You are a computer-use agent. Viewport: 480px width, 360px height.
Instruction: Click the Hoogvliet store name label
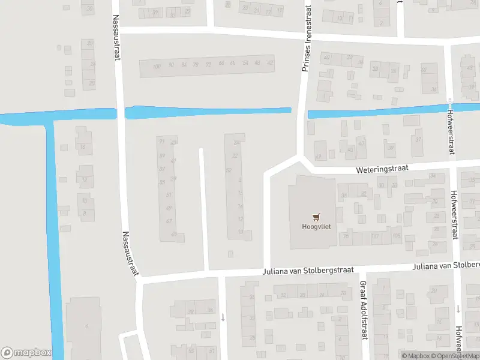[316, 227]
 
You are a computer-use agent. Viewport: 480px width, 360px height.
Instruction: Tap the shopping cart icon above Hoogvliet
[316, 217]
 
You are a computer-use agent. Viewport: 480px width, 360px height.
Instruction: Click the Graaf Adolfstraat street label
[363, 310]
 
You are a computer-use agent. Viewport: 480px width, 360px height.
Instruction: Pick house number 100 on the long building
[157, 65]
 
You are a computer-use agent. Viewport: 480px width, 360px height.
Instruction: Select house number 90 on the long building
[171, 65]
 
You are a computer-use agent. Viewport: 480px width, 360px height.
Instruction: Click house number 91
[161, 142]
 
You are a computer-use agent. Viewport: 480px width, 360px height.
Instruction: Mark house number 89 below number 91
[161, 156]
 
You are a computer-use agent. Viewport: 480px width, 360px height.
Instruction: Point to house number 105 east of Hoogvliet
[397, 236]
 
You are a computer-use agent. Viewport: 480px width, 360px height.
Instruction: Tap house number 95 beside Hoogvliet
[346, 236]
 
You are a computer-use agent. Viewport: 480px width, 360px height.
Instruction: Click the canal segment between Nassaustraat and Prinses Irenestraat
[207, 112]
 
